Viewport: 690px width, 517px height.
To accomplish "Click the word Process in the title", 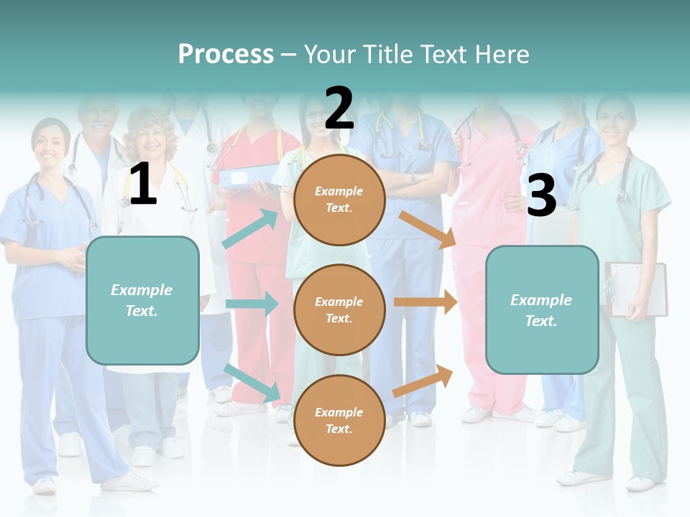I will tap(226, 55).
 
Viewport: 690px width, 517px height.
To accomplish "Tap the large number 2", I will tap(339, 108).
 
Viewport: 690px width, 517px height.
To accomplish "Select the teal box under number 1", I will tap(142, 300).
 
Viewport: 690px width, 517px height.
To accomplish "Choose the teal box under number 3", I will tap(542, 309).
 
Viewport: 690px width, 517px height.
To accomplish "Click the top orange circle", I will tap(339, 200).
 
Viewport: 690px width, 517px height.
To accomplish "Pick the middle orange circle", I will tap(339, 309).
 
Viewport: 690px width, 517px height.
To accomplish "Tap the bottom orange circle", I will tap(339, 420).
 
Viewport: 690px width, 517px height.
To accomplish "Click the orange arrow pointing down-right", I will tap(428, 230).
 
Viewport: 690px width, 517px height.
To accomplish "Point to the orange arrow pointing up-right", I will tap(423, 381).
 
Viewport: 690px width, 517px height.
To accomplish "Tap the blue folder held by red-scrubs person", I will tap(248, 177).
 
